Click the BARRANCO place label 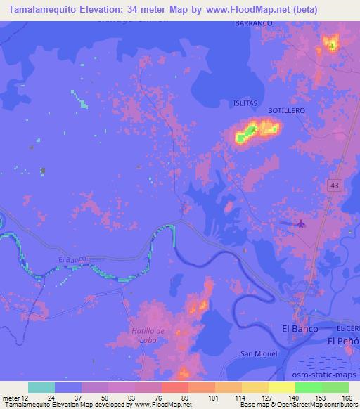(x=252, y=23)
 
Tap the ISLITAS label (x=245, y=103)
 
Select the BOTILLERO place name (x=285, y=111)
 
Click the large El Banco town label (x=300, y=328)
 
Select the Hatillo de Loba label (x=148, y=335)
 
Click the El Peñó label (x=344, y=341)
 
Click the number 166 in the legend (x=347, y=396)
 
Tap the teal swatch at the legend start (x=41, y=387)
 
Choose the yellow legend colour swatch (x=281, y=387)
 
